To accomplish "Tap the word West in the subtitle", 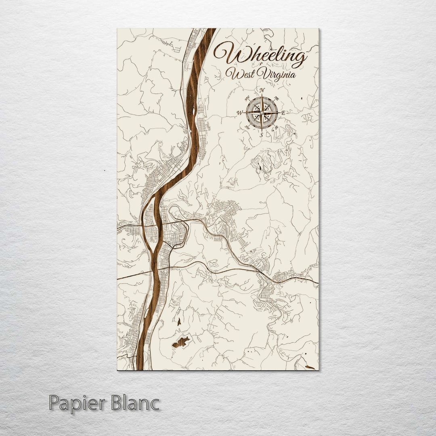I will click(238, 74).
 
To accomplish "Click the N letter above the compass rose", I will click(262, 90).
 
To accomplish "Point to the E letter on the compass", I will click(283, 113).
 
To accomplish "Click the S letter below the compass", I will click(262, 135).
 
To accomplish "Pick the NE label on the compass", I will click(277, 98).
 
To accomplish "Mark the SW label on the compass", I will click(247, 128).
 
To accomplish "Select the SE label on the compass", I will click(277, 128).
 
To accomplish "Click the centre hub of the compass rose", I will click(262, 112).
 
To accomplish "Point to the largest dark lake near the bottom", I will click(181, 342).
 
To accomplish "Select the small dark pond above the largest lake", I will click(178, 322).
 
